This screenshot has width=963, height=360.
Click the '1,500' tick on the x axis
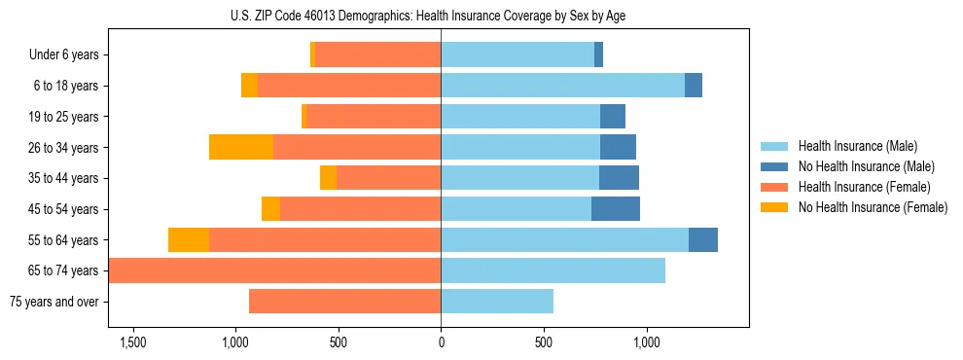point(132,342)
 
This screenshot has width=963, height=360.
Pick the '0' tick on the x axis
point(441,342)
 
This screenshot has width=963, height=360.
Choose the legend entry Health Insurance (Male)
point(857,146)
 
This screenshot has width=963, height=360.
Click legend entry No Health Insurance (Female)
point(873,207)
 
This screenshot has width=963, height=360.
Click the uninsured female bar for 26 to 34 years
point(241,147)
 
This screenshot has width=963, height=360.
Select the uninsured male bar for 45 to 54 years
point(616,209)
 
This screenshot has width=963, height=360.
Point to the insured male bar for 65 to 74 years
point(553,270)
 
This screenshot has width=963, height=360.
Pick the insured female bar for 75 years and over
point(344,302)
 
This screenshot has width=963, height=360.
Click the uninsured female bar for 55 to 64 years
point(189,240)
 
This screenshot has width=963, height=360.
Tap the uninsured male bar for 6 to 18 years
point(694,86)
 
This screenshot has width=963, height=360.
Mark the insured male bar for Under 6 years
point(517,55)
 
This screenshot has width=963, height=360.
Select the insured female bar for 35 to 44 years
point(388,178)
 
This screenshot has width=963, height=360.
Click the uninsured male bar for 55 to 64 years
point(703,240)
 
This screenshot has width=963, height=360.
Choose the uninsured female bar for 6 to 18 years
point(249,86)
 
